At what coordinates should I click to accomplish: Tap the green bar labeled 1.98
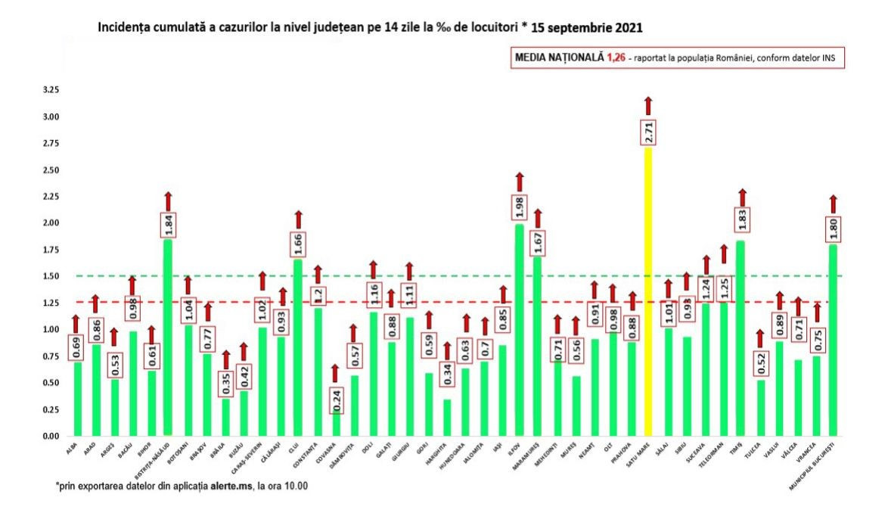(519, 333)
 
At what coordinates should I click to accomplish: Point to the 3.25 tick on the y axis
(51, 90)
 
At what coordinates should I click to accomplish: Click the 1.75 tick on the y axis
(51, 250)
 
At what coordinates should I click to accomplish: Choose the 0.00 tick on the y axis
(51, 437)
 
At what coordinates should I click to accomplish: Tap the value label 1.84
(168, 225)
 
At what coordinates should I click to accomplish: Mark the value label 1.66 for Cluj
(298, 244)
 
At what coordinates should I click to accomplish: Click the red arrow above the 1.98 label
(519, 182)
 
